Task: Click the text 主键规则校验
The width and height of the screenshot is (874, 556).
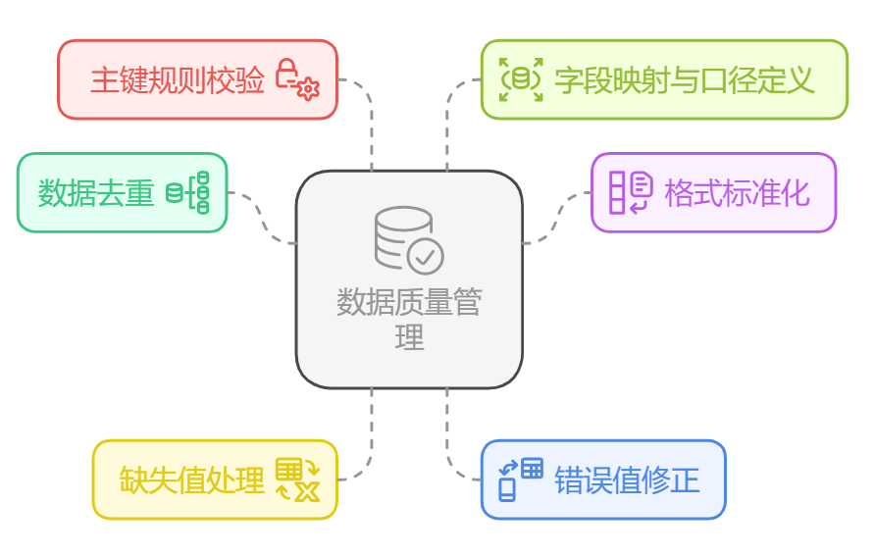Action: pos(177,79)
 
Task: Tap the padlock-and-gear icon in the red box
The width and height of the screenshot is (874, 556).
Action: pos(296,79)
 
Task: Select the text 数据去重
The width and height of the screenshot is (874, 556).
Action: pos(96,193)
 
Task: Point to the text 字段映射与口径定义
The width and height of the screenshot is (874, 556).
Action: pos(685,79)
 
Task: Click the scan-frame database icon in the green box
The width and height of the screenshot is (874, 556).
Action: pos(520,79)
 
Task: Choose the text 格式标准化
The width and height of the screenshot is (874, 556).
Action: pos(737,192)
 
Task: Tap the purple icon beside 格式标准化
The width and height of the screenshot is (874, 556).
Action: pos(630,192)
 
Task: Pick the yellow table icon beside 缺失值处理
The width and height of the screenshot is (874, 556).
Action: pos(297,480)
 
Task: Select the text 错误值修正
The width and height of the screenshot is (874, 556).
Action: pos(627,480)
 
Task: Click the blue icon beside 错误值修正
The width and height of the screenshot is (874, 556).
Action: pos(521,480)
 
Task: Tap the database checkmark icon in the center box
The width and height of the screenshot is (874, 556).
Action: pos(408,239)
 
